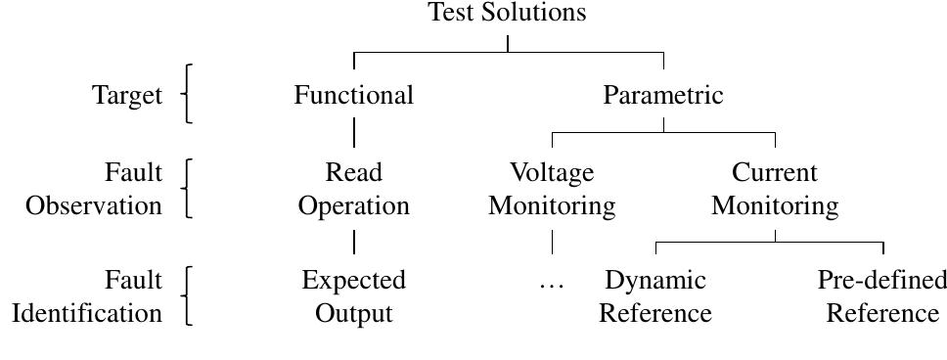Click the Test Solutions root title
(x=507, y=13)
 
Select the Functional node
(x=353, y=95)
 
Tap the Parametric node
(x=662, y=95)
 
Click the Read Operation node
(x=353, y=189)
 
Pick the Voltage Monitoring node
(x=552, y=189)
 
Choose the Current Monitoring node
(x=774, y=189)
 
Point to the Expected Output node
(x=353, y=296)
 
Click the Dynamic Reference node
(x=654, y=296)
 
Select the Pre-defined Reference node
(x=881, y=296)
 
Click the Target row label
(x=127, y=95)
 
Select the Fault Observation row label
(x=94, y=189)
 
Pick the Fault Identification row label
(x=87, y=296)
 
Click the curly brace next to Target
(x=187, y=94)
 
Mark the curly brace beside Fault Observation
(x=187, y=188)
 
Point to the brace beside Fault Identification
(x=187, y=295)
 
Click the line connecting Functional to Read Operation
(x=353, y=132)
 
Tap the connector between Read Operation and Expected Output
(x=353, y=242)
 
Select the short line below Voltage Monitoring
(x=552, y=242)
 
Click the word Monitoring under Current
(x=774, y=206)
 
